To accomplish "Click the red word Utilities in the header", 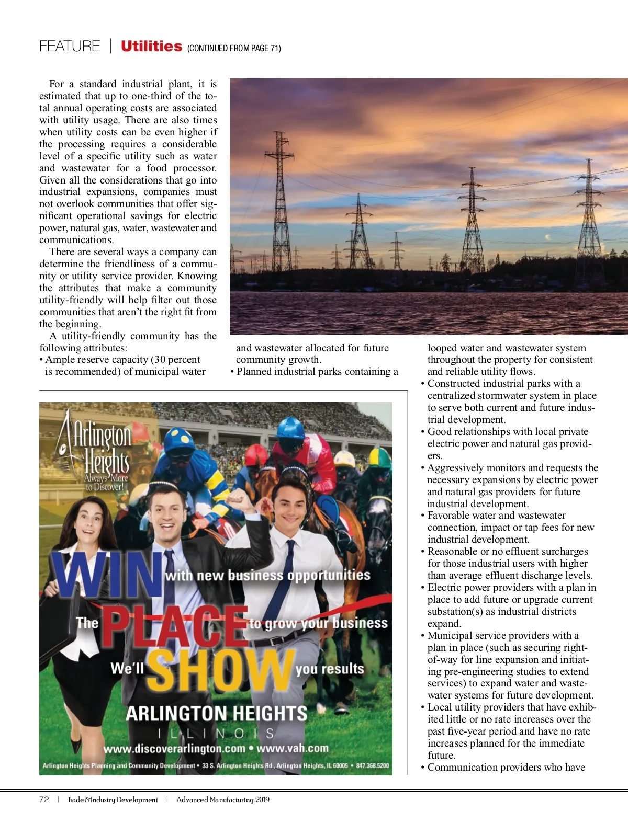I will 151,47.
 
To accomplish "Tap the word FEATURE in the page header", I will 70,47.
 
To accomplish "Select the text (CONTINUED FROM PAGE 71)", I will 234,49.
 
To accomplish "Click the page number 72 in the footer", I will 44,799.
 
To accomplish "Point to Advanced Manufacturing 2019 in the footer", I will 223,800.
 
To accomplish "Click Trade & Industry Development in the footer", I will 113,800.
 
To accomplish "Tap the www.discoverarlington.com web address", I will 174,749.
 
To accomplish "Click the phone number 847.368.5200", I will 373,765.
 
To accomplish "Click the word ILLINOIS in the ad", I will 216,734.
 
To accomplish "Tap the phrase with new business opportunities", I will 267,575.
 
